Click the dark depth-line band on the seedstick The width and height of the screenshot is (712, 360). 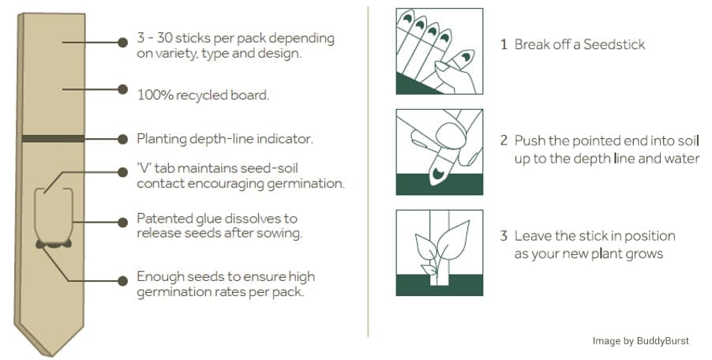point(53,138)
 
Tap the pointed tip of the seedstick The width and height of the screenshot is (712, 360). point(51,355)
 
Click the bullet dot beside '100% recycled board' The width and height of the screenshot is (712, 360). point(122,89)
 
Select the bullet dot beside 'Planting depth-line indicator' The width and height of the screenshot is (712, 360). point(122,139)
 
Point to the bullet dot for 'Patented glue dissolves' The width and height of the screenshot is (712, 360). point(122,223)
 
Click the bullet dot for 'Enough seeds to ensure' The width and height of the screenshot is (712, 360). point(122,281)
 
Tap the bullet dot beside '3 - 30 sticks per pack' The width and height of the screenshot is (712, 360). point(122,43)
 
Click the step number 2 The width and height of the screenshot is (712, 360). point(504,141)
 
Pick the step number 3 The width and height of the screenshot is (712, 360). point(504,236)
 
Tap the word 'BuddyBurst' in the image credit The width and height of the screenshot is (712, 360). point(663,341)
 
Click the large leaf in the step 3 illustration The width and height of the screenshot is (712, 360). point(453,240)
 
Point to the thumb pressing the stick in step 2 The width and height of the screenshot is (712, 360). point(451,136)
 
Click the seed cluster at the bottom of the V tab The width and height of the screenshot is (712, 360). point(54,245)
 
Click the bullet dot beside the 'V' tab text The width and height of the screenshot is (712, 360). point(122,173)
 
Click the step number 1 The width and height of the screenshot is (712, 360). point(504,44)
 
